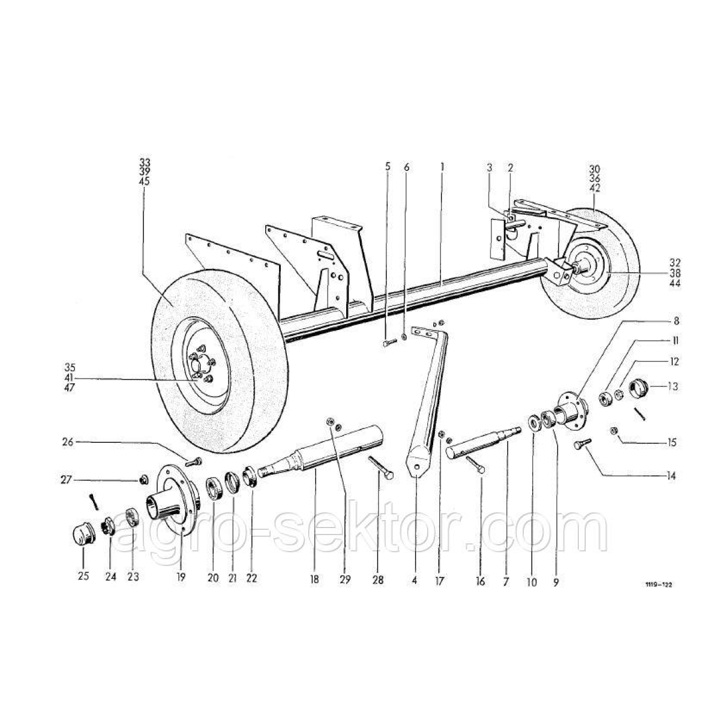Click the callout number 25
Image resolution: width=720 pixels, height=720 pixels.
tap(83, 576)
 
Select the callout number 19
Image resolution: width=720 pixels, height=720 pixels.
tap(181, 577)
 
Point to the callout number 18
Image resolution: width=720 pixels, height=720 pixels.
tap(314, 579)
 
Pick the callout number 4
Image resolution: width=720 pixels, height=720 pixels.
tap(415, 580)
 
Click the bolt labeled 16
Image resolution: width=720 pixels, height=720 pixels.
tap(475, 463)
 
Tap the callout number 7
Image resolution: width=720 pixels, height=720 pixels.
tap(506, 581)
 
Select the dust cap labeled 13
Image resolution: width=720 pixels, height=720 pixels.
tap(639, 389)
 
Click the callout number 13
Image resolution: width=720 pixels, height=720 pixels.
tap(673, 386)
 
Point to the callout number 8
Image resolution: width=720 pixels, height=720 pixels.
tap(676, 320)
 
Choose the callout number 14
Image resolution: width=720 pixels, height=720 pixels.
tap(671, 476)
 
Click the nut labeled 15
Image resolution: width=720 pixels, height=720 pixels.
tap(613, 431)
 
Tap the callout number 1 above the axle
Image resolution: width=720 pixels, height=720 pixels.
tap(442, 167)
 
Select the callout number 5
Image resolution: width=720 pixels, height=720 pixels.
tap(388, 166)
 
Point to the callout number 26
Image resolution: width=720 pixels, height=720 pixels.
tap(68, 442)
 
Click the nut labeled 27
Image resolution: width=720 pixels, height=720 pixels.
tap(143, 479)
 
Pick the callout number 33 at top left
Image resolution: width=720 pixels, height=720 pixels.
tap(145, 163)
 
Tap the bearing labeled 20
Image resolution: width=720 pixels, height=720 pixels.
tap(214, 488)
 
